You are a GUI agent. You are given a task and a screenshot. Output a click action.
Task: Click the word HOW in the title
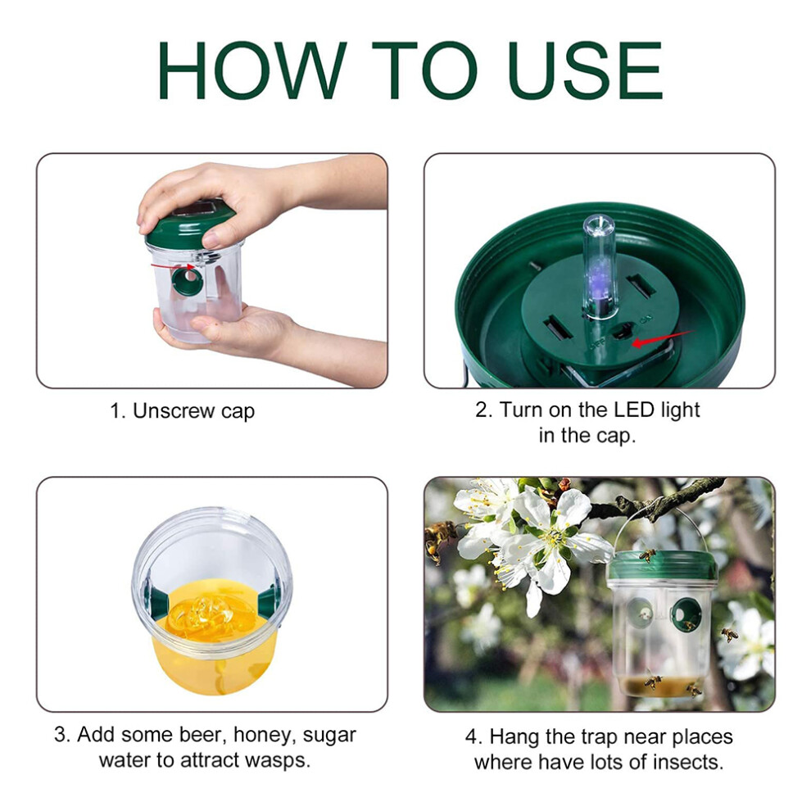click(x=251, y=70)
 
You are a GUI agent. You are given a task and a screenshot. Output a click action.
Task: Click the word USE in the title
click(x=586, y=70)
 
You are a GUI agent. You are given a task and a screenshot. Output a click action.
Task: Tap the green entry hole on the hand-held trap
click(x=188, y=282)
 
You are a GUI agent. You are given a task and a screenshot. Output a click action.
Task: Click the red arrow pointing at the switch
click(x=663, y=338)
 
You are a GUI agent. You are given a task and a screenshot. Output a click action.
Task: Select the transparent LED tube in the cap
click(x=599, y=267)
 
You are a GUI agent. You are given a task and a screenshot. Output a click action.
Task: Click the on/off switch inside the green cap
click(x=623, y=332)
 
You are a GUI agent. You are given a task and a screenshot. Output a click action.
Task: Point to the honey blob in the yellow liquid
click(x=203, y=615)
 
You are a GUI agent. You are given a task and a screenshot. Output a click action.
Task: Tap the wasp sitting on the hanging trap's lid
click(x=646, y=555)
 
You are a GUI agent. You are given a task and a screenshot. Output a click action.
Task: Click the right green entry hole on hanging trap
click(x=686, y=614)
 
